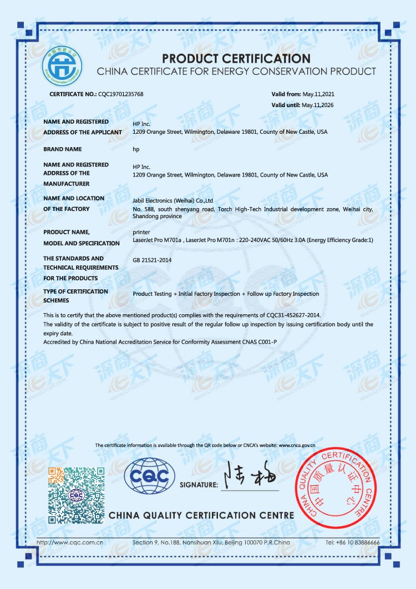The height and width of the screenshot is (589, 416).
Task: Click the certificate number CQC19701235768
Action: [x=120, y=94]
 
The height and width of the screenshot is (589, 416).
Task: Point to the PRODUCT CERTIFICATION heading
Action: [x=236, y=58]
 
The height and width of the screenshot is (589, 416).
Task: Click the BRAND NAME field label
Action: [x=63, y=149]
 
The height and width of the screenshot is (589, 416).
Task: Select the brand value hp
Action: [x=136, y=149]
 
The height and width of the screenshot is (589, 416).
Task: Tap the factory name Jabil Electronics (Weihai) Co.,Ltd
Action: [x=173, y=200]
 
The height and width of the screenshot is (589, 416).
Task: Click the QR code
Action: [x=76, y=495]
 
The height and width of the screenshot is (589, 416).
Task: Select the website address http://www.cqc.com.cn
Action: [x=70, y=542]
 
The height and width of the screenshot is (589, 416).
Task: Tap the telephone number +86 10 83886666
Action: [x=352, y=542]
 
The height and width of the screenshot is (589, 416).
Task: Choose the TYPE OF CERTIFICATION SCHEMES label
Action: [x=76, y=296]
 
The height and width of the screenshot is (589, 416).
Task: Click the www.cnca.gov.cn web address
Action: [x=297, y=445]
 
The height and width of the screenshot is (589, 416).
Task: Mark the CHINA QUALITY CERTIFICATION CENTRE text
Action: [x=201, y=515]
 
